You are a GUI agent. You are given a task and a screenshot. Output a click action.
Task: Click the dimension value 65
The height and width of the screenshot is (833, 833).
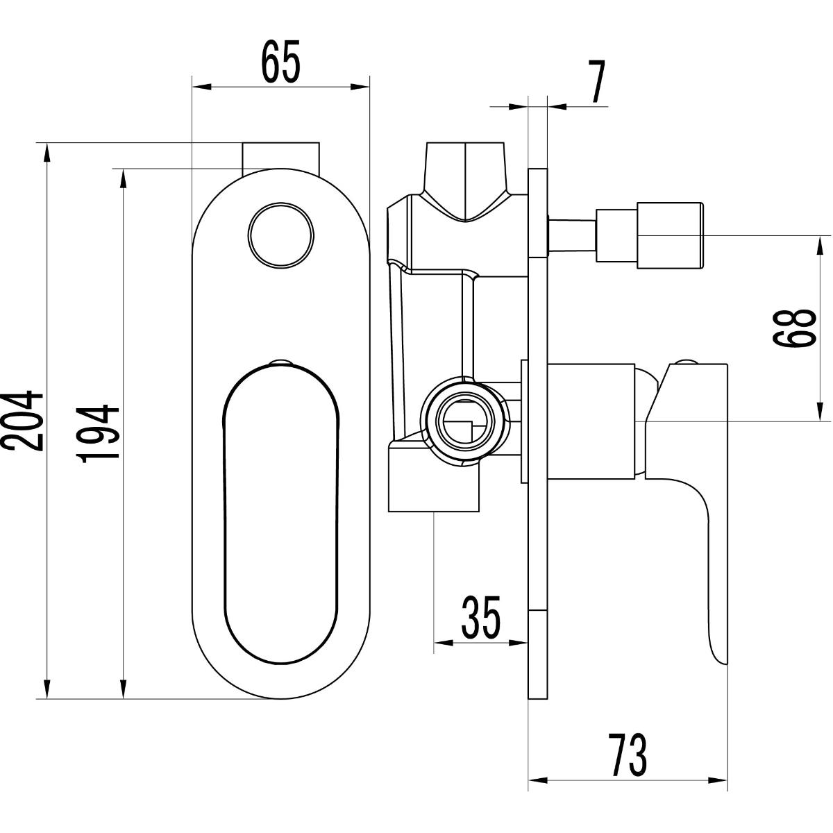(x=281, y=61)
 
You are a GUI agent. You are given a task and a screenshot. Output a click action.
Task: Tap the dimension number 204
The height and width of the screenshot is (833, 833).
(x=22, y=421)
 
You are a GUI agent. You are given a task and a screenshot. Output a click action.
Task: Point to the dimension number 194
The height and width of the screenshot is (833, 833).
(x=98, y=434)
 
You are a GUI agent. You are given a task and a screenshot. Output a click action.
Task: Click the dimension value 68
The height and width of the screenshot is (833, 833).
(x=794, y=328)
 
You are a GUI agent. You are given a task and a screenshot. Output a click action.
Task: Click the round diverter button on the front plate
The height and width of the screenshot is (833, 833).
(x=281, y=235)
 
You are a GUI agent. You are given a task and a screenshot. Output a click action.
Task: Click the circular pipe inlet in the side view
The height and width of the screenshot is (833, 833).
(x=464, y=421)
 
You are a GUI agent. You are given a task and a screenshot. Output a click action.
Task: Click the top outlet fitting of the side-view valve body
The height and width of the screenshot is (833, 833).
(x=465, y=182)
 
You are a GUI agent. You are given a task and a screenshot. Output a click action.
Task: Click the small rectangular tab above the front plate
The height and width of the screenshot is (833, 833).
(x=280, y=158)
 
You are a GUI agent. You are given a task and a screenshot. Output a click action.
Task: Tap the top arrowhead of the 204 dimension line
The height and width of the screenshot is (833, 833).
(x=47, y=153)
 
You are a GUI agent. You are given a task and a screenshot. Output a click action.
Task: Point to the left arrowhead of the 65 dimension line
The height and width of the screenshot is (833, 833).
(x=202, y=87)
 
